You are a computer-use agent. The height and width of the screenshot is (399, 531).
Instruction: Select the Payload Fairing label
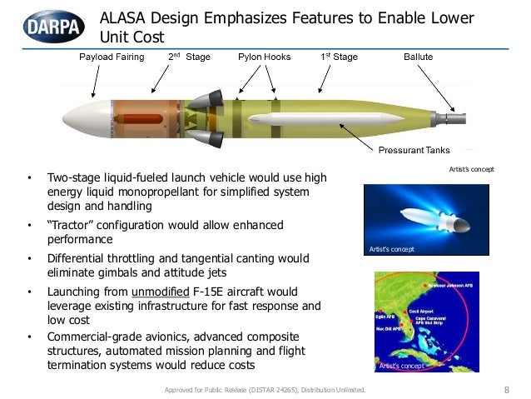(112, 57)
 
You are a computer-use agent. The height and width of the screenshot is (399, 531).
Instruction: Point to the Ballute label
(418, 57)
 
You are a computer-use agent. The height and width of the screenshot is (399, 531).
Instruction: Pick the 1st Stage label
(339, 57)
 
